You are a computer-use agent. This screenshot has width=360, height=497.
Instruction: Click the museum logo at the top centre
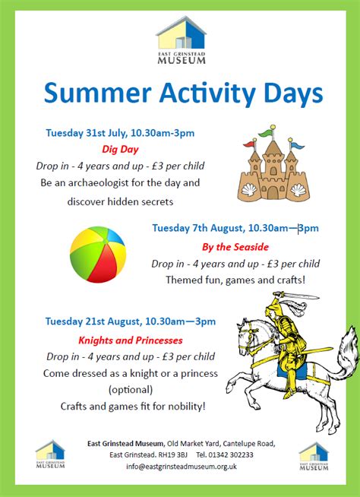(x=181, y=40)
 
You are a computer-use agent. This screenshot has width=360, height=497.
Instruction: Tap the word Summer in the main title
(x=98, y=93)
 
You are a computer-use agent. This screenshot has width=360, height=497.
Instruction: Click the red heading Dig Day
(x=120, y=149)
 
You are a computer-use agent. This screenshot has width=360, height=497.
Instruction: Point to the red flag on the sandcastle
(x=250, y=144)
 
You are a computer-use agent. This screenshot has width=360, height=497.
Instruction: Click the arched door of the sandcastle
(x=272, y=192)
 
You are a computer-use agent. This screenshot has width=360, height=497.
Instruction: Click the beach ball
(x=98, y=255)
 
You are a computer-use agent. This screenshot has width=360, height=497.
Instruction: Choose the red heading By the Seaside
(x=235, y=247)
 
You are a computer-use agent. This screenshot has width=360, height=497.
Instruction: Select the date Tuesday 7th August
(x=198, y=228)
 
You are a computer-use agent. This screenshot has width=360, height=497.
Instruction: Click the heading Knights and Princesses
(x=130, y=340)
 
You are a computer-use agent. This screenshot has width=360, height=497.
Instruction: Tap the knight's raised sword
(x=297, y=296)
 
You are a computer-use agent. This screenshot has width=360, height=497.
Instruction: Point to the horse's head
(x=247, y=336)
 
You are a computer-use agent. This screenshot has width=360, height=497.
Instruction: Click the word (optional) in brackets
(x=131, y=390)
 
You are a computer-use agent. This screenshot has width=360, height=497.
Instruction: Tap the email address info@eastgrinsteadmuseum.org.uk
(x=182, y=467)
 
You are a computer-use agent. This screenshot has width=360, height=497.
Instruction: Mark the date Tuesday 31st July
(x=86, y=133)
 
